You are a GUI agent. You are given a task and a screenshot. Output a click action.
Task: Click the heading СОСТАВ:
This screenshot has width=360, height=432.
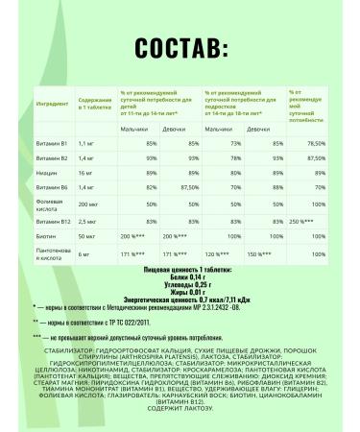[180, 50]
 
